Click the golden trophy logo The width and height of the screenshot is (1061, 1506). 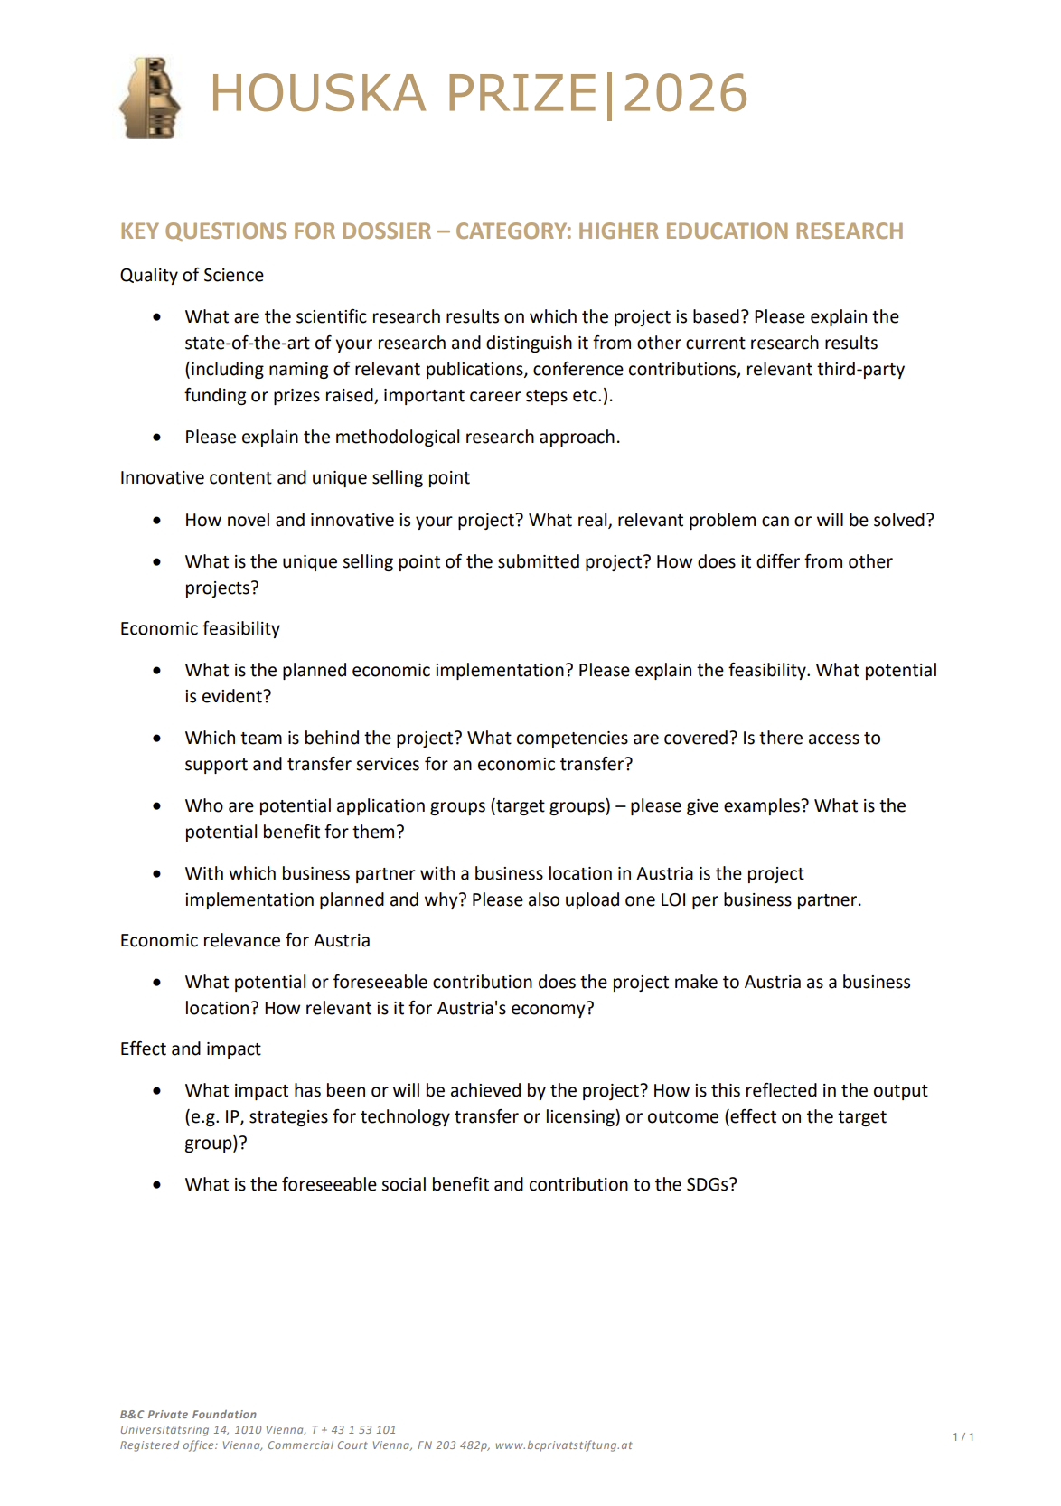[150, 98]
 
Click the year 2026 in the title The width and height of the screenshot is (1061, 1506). [685, 94]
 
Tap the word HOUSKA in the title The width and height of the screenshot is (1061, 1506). [318, 94]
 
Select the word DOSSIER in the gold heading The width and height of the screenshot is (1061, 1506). [380, 231]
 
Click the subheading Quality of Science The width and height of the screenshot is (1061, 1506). [192, 276]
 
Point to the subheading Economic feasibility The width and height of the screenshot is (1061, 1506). [200, 629]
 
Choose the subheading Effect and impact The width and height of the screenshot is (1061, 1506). [190, 1049]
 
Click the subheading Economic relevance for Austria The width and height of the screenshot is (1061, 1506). [245, 941]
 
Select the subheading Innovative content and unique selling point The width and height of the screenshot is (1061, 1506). [295, 478]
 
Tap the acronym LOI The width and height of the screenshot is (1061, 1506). [672, 900]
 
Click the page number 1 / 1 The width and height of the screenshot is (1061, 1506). [963, 1437]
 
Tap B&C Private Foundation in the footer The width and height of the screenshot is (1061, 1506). [188, 1415]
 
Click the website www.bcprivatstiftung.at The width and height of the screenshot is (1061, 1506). [563, 1445]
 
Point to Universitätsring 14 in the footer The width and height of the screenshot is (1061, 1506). [174, 1430]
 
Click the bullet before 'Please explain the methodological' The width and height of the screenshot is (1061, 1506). [157, 438]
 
